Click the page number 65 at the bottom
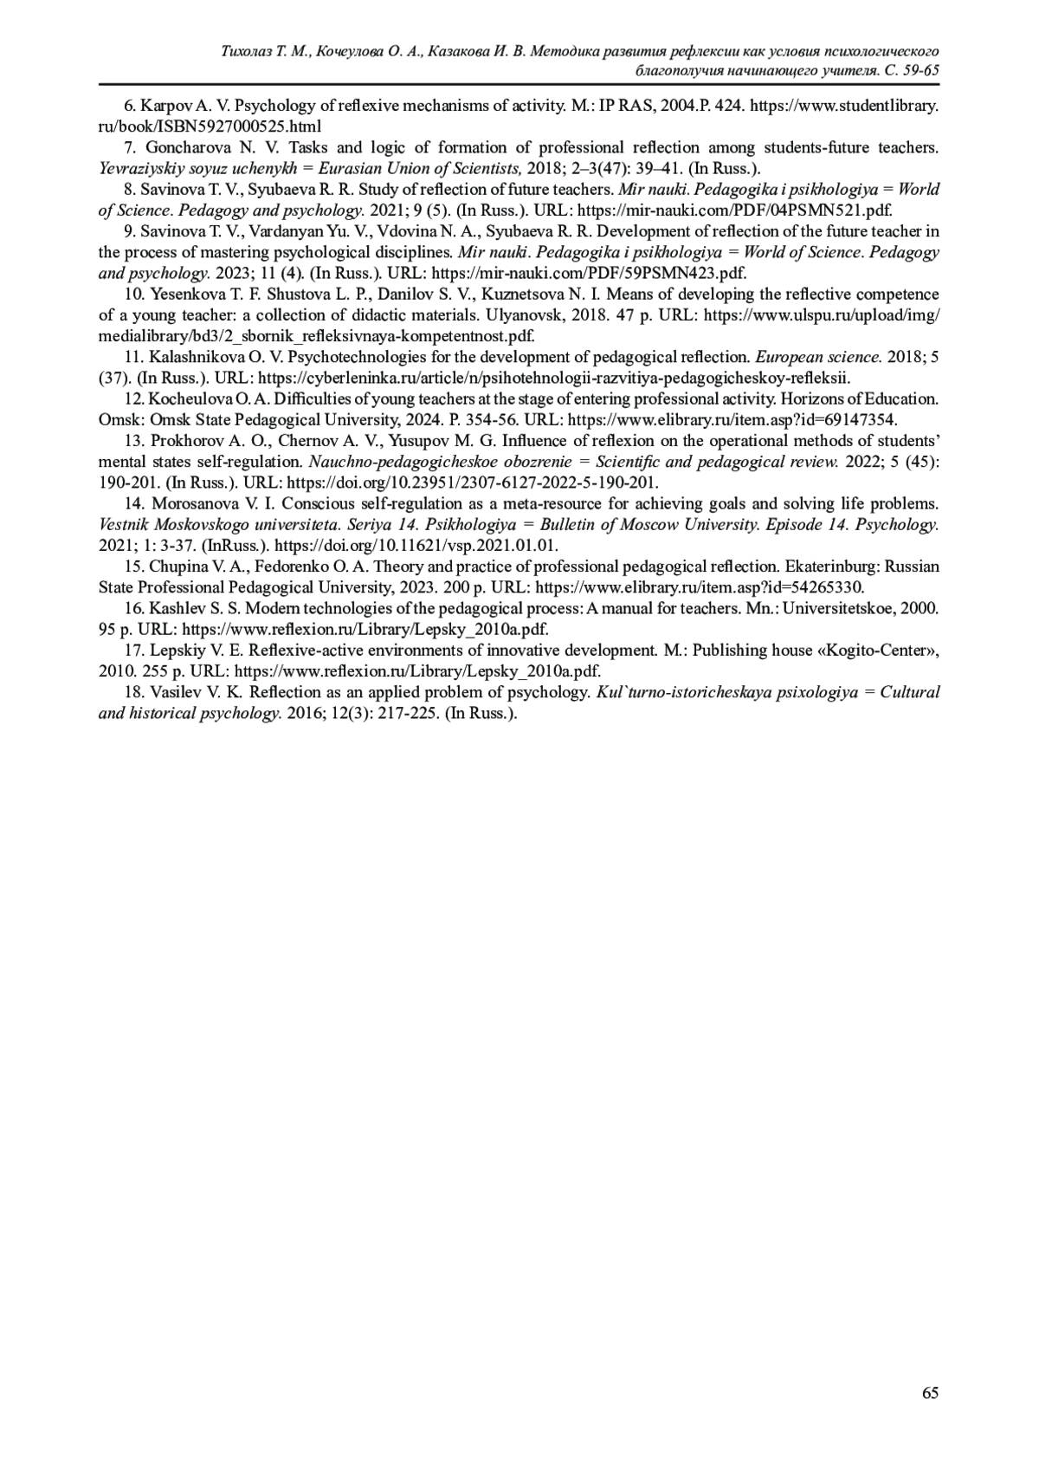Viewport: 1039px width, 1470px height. tap(930, 1392)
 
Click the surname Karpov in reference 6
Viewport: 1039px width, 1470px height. tap(166, 107)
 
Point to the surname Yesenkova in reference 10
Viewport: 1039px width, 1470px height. tap(185, 295)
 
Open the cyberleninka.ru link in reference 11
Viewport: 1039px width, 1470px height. tap(554, 378)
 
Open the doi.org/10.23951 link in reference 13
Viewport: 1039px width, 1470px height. tap(472, 483)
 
